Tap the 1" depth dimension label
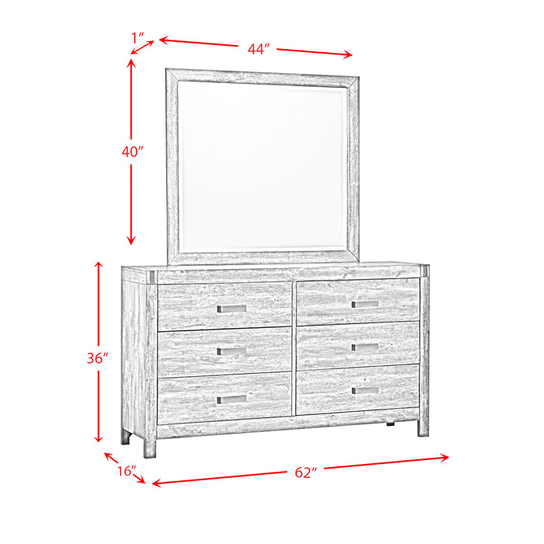coord(139,37)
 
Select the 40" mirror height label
coord(133,152)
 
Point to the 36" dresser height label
coord(97,360)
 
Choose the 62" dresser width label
coord(306,472)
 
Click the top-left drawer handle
coord(232,309)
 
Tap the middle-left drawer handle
coord(232,352)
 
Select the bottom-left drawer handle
coord(232,399)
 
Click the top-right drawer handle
coord(364,304)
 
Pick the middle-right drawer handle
coord(364,347)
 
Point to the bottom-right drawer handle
coord(364,390)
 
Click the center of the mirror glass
coord(263,165)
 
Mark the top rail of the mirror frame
coord(263,75)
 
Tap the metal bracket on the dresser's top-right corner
coord(424,271)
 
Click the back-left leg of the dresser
coord(125,436)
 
